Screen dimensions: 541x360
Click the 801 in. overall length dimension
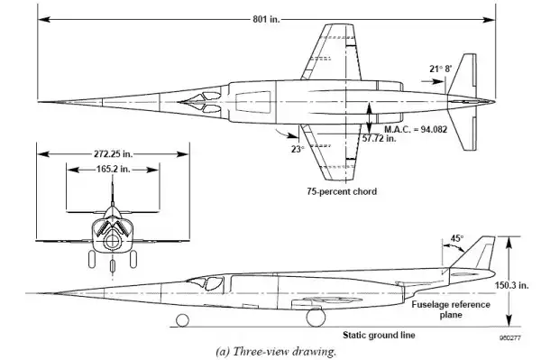point(266,19)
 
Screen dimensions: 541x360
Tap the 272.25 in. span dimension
point(113,153)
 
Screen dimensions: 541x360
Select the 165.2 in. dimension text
point(114,169)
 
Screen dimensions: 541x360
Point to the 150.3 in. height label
point(511,285)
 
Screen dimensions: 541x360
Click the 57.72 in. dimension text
point(380,138)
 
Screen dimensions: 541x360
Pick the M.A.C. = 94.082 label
point(416,129)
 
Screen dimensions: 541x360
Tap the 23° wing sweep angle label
point(298,149)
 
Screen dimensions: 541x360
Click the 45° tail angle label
point(457,238)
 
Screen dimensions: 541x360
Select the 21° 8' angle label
point(441,69)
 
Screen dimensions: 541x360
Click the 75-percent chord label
point(342,191)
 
